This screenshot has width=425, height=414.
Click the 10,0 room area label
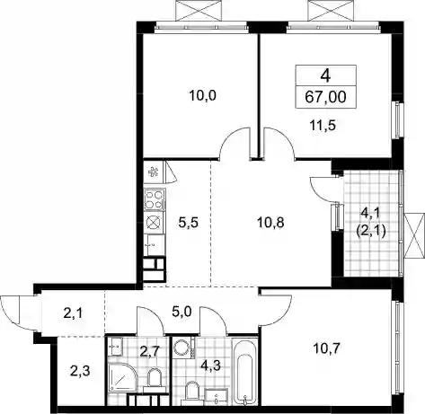[203, 96]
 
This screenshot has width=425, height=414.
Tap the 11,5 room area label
[323, 125]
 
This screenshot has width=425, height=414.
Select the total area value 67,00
[325, 97]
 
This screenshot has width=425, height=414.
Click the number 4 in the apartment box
[325, 75]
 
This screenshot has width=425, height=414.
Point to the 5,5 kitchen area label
[188, 223]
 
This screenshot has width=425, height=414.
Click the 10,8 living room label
[270, 223]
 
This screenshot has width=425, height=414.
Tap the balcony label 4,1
[371, 214]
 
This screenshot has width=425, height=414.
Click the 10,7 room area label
[326, 348]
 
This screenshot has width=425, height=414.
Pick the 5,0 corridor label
[182, 313]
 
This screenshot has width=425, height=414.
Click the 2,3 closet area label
[80, 372]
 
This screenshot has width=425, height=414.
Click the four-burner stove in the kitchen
[155, 199]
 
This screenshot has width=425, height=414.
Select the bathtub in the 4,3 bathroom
[245, 372]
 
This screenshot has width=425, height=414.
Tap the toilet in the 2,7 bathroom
[155, 379]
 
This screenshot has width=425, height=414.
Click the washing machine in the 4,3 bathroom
[182, 348]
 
